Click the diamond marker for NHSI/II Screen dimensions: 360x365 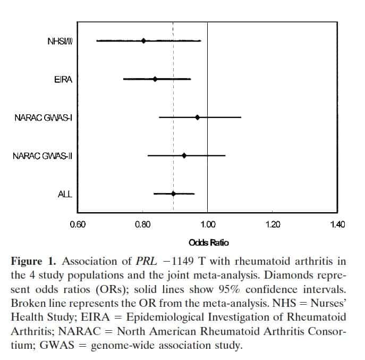(143, 40)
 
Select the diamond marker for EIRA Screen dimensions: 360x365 (155, 79)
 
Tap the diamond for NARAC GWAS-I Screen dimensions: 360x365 (197, 117)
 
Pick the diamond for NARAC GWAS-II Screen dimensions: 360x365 (184, 155)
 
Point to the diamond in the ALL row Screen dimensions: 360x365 (173, 194)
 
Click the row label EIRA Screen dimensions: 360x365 (63, 79)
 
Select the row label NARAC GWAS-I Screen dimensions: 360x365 (43, 118)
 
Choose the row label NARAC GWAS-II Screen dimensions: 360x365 (42, 156)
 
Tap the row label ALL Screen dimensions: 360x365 (65, 194)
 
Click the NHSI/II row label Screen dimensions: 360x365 (60, 41)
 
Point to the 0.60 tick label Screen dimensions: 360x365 (78, 224)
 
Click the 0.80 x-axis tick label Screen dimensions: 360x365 (143, 224)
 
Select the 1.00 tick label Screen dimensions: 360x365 (208, 224)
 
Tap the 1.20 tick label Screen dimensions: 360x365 (273, 224)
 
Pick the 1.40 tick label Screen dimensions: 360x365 (337, 224)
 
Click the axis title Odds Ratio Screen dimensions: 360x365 (209, 243)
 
